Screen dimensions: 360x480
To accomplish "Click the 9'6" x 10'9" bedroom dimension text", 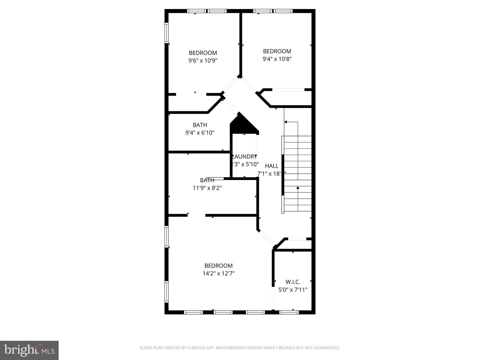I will [x=203, y=61].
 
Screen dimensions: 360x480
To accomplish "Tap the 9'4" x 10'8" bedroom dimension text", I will [x=277, y=59].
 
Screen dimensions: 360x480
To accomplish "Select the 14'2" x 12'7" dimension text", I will [x=218, y=273].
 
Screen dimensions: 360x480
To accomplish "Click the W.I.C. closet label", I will [x=293, y=282].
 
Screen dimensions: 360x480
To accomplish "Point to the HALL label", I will [x=272, y=166].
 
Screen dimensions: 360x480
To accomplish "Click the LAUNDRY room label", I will [x=245, y=156].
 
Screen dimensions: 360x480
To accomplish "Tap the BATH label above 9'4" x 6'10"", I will [x=200, y=125].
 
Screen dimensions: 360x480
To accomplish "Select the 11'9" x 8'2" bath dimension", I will [x=207, y=188].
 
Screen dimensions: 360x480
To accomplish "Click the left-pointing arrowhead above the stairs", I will [x=286, y=122].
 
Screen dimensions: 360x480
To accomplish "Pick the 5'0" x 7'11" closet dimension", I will [x=293, y=290].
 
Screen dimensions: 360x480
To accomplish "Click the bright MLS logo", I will [x=29, y=350].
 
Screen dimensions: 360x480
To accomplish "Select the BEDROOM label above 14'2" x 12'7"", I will [x=218, y=266].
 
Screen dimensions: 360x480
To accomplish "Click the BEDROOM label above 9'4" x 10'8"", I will [x=277, y=51].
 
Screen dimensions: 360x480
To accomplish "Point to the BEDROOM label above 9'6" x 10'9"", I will [x=203, y=53].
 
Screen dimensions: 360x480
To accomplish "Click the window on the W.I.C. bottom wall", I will [x=289, y=312].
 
